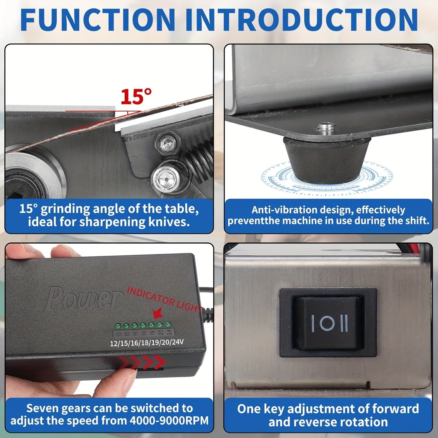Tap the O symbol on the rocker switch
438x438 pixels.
328,323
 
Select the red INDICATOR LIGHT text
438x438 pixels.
165,299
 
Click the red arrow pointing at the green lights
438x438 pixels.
158,314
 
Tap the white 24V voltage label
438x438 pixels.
177,342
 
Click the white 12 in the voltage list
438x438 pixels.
114,343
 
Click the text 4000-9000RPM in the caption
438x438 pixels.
169,420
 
